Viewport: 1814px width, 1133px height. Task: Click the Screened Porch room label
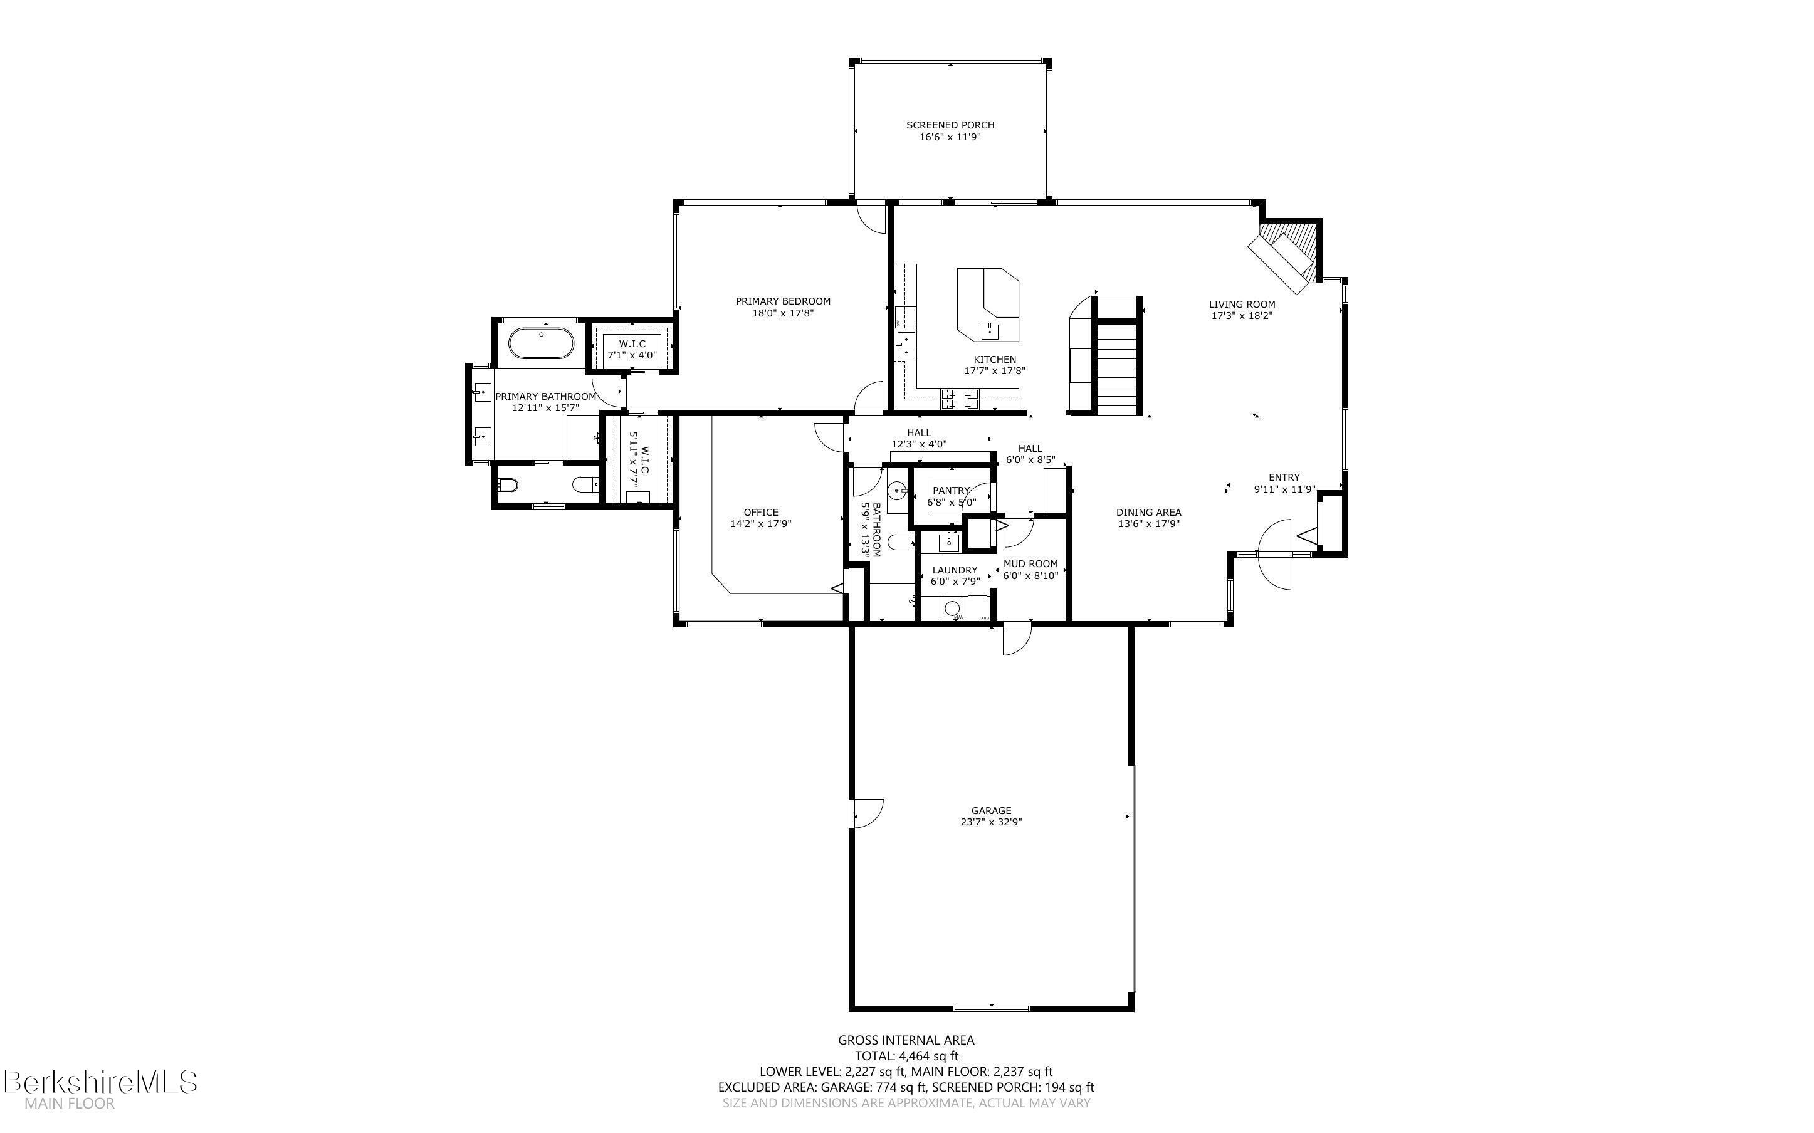click(x=950, y=125)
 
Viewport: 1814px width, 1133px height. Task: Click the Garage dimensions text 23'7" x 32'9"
click(x=990, y=822)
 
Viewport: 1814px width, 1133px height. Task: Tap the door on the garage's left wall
click(x=866, y=812)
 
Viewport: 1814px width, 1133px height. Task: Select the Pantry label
click(x=951, y=491)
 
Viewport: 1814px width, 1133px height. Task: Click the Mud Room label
click(x=1030, y=564)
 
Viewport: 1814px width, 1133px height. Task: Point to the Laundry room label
click(x=955, y=570)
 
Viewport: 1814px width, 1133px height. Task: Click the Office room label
click(x=760, y=513)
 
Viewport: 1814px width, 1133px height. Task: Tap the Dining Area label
click(x=1148, y=513)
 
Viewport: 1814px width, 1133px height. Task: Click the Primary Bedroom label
click(x=782, y=301)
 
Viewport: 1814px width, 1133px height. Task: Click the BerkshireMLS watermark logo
click(x=100, y=1083)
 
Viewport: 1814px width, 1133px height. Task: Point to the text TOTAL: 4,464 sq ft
click(x=906, y=1057)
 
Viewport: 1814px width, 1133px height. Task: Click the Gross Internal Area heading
click(x=906, y=1040)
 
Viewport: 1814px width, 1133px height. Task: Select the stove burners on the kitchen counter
click(x=960, y=399)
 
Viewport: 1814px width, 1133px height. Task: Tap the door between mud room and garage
click(x=1017, y=639)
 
